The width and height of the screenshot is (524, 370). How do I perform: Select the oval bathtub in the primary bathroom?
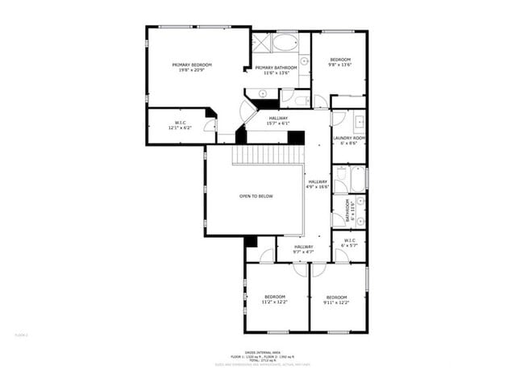pyautogui.click(x=285, y=42)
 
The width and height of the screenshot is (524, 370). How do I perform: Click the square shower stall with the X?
pyautogui.click(x=261, y=42)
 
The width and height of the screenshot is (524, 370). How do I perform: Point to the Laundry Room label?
pyautogui.click(x=349, y=140)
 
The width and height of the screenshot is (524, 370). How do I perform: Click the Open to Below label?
pyautogui.click(x=256, y=196)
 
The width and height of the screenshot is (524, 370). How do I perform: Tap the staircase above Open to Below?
pyautogui.click(x=268, y=154)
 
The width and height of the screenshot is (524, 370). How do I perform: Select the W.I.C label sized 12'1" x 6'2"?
pyautogui.click(x=180, y=126)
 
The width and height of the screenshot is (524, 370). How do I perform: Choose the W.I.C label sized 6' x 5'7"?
pyautogui.click(x=350, y=243)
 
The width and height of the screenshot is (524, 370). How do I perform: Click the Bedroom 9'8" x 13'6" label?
pyautogui.click(x=339, y=63)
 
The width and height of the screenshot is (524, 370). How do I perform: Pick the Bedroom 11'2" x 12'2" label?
pyautogui.click(x=275, y=299)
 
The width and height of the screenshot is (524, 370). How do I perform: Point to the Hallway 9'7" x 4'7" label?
pyautogui.click(x=303, y=249)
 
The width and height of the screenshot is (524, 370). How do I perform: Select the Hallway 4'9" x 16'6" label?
pyautogui.click(x=318, y=185)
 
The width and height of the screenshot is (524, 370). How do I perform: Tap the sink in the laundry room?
pyautogui.click(x=359, y=123)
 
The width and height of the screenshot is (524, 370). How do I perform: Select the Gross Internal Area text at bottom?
pyautogui.click(x=261, y=351)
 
